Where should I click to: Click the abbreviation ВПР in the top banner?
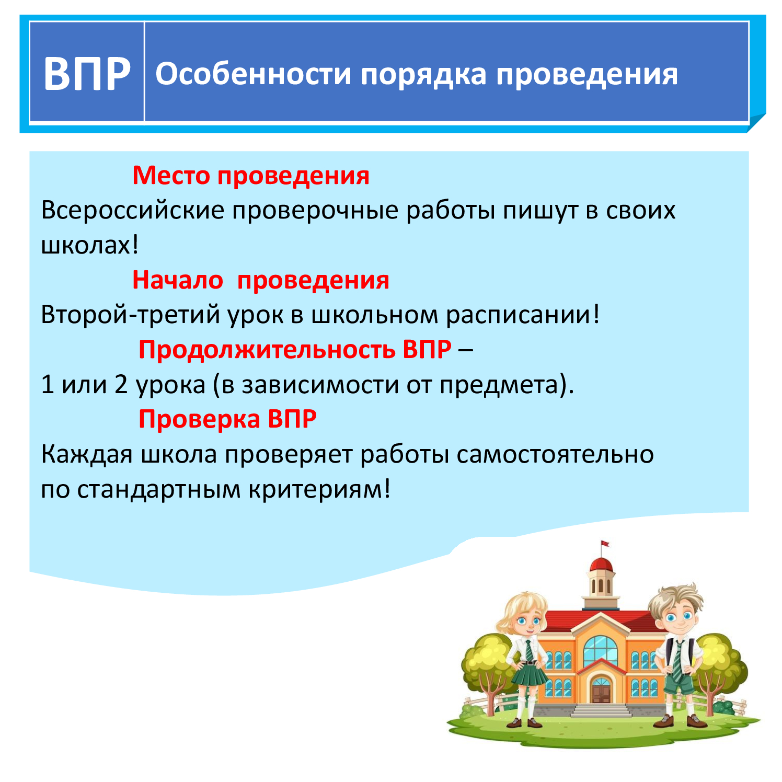[87, 74]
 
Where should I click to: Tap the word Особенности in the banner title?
[254, 74]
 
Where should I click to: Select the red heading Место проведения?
[251, 176]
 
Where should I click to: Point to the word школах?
[90, 245]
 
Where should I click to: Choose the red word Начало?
[178, 280]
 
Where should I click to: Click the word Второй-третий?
[130, 315]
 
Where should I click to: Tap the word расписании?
[523, 315]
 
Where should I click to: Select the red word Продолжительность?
[267, 349]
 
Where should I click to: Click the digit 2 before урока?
[121, 385]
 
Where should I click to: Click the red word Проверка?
[199, 419]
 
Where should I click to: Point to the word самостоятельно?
[555, 454]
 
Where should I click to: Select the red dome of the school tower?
[601, 565]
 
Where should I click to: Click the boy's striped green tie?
[677, 661]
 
